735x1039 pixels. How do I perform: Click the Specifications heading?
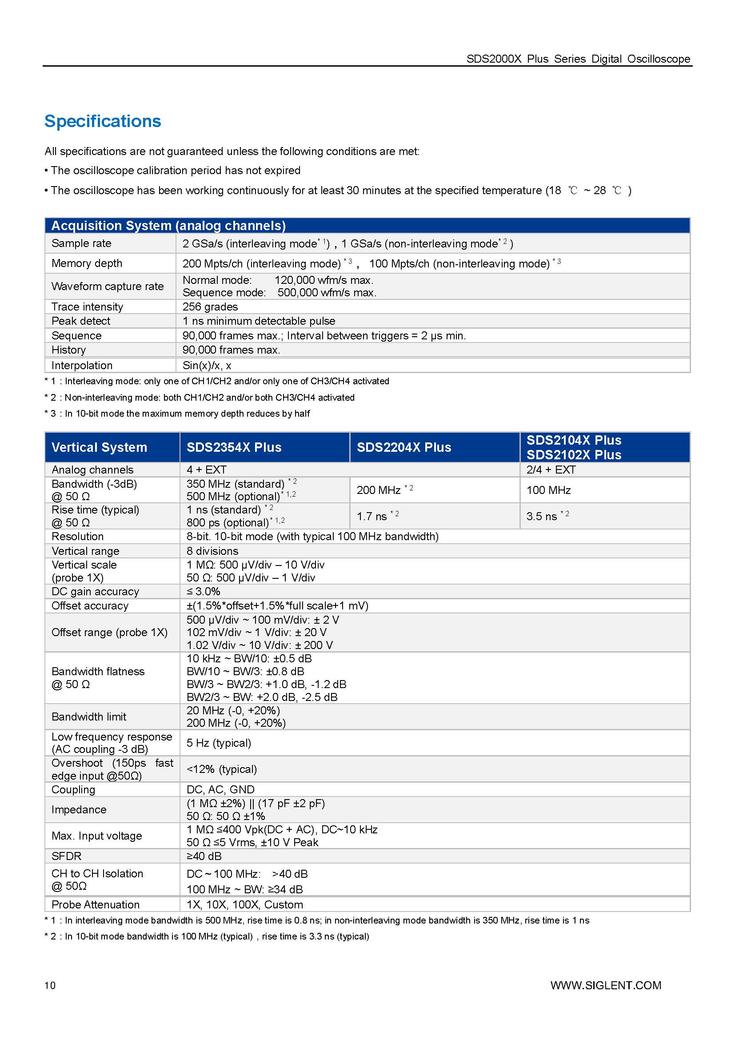pyautogui.click(x=103, y=121)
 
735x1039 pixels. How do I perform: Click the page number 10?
pyautogui.click(x=50, y=985)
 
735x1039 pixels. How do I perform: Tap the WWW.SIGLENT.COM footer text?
pyautogui.click(x=606, y=985)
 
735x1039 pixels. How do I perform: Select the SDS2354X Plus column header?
pyautogui.click(x=234, y=447)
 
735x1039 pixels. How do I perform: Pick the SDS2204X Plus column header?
pyautogui.click(x=403, y=447)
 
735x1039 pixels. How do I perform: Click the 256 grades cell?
pyautogui.click(x=210, y=307)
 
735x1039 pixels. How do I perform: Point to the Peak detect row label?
pyautogui.click(x=81, y=321)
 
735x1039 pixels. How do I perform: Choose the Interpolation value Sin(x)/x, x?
pyautogui.click(x=207, y=365)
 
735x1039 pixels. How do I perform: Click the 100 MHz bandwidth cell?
pyautogui.click(x=548, y=490)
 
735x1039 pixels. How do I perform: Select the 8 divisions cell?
pyautogui.click(x=212, y=551)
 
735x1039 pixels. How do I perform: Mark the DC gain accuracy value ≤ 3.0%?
pyautogui.click(x=203, y=591)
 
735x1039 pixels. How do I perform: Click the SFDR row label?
pyautogui.click(x=67, y=856)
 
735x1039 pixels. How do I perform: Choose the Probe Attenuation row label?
pyautogui.click(x=96, y=904)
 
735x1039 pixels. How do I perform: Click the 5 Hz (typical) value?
pyautogui.click(x=219, y=743)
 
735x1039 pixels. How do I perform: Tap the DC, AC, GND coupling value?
pyautogui.click(x=220, y=789)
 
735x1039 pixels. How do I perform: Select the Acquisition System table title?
pyautogui.click(x=168, y=225)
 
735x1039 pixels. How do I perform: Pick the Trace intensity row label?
pyautogui.click(x=88, y=307)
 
